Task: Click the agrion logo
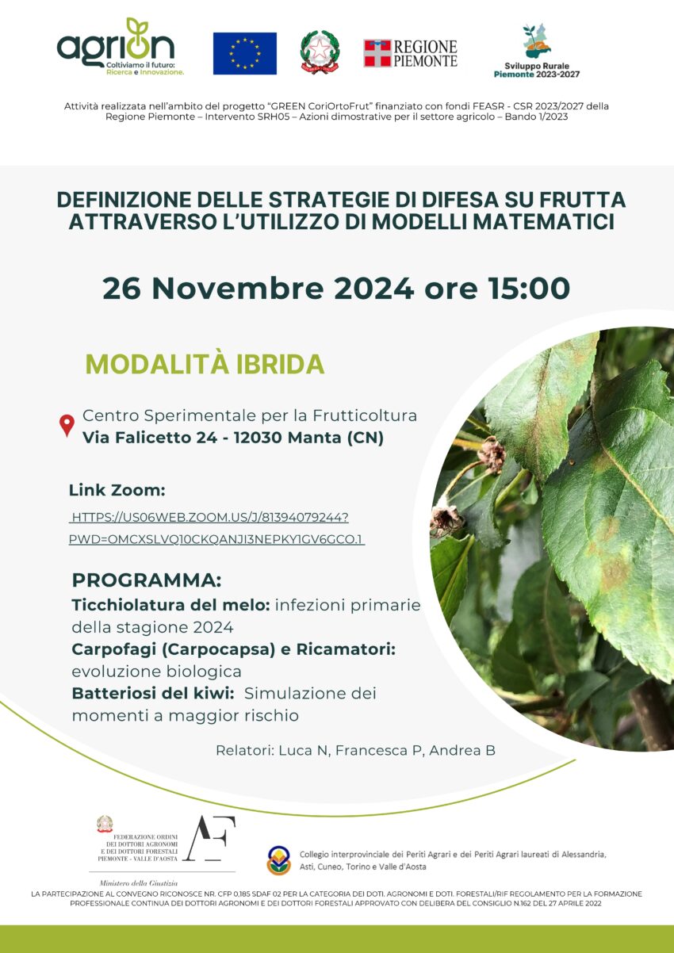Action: [121, 47]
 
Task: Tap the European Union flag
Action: [245, 53]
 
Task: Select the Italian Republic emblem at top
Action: [320, 52]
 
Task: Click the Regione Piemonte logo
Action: [411, 53]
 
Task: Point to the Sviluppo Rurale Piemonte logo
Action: [537, 51]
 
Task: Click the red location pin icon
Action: [67, 426]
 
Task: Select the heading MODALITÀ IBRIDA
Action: [205, 364]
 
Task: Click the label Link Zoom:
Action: [117, 490]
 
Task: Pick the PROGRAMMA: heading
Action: [147, 580]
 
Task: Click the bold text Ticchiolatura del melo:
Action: [170, 605]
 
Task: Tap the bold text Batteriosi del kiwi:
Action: [153, 693]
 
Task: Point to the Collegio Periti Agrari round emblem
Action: [278, 859]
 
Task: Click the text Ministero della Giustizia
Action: [138, 882]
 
